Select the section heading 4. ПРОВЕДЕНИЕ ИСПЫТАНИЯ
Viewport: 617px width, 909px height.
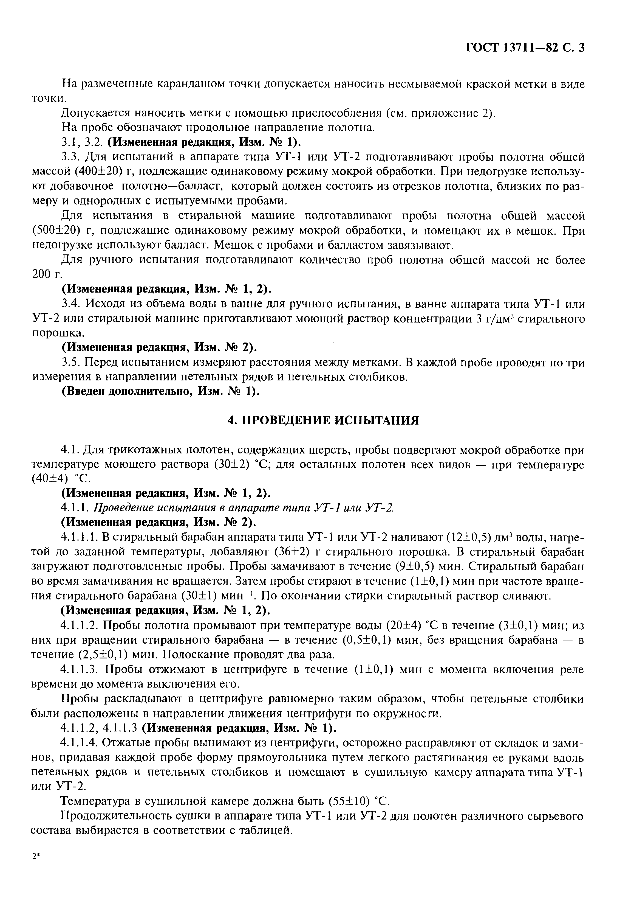coord(323,420)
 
